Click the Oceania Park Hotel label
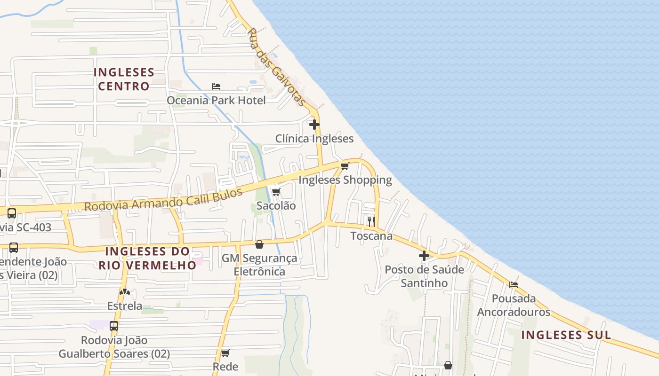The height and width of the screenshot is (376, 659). (216, 100)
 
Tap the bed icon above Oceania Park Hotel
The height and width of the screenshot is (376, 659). (216, 86)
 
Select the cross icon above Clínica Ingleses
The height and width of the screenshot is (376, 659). (314, 125)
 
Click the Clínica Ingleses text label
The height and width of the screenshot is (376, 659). (314, 138)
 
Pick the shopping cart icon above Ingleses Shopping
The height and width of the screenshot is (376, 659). (345, 166)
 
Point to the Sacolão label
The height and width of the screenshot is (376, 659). (276, 205)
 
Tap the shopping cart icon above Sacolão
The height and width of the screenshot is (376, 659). (276, 192)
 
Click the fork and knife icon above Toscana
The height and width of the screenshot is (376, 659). (371, 221)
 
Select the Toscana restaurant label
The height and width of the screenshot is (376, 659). (371, 235)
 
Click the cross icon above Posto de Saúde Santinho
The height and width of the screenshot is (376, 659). (424, 256)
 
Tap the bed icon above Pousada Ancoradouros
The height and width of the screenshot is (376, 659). (514, 284)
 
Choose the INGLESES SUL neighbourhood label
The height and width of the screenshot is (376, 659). (566, 335)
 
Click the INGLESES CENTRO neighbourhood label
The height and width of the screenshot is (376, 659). (124, 79)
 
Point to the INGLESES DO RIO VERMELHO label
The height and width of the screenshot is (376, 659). (147, 258)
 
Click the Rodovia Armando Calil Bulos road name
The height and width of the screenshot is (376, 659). (163, 200)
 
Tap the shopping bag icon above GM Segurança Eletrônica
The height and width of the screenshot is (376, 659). (259, 244)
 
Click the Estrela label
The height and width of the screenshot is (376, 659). (125, 305)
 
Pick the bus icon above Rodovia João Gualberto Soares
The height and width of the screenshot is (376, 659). (113, 326)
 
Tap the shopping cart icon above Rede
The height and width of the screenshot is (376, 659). (225, 353)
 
